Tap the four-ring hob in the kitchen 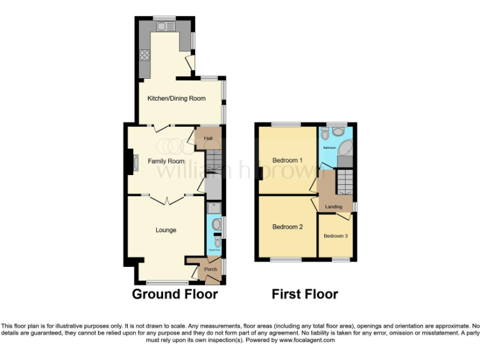(145, 54)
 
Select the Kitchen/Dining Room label (176, 99)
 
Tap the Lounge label (166, 230)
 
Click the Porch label (211, 269)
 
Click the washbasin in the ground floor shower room (217, 224)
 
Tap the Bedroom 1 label (287, 160)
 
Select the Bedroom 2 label (287, 227)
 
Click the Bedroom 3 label (336, 236)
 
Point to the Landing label (334, 206)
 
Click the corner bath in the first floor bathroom (344, 150)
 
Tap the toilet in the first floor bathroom (338, 132)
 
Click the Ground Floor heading (175, 294)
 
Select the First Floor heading (305, 294)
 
